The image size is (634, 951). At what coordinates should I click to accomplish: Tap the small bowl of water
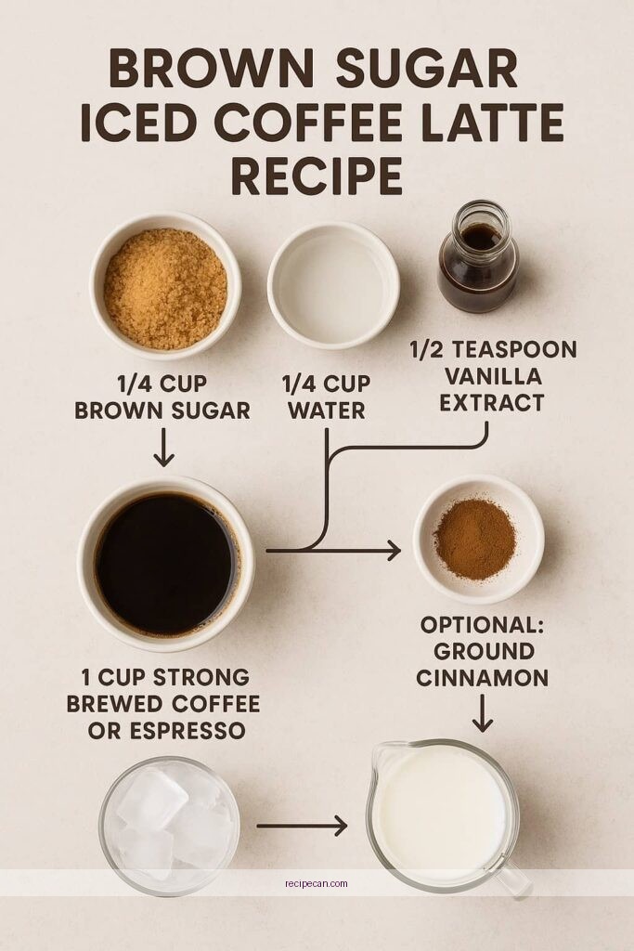click(333, 283)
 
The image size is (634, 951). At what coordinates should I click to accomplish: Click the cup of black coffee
click(166, 564)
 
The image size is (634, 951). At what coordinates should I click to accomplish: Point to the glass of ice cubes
click(169, 825)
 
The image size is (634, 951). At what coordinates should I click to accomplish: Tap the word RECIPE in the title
click(317, 176)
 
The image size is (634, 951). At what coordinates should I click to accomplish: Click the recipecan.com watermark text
click(317, 883)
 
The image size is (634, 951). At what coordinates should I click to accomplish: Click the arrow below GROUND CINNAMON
click(482, 712)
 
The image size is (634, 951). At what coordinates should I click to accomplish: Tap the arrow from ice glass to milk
click(302, 825)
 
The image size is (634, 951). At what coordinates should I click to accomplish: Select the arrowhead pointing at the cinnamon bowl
click(394, 551)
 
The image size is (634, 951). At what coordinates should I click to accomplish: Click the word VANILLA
click(493, 376)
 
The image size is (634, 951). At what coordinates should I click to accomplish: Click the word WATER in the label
click(326, 410)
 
